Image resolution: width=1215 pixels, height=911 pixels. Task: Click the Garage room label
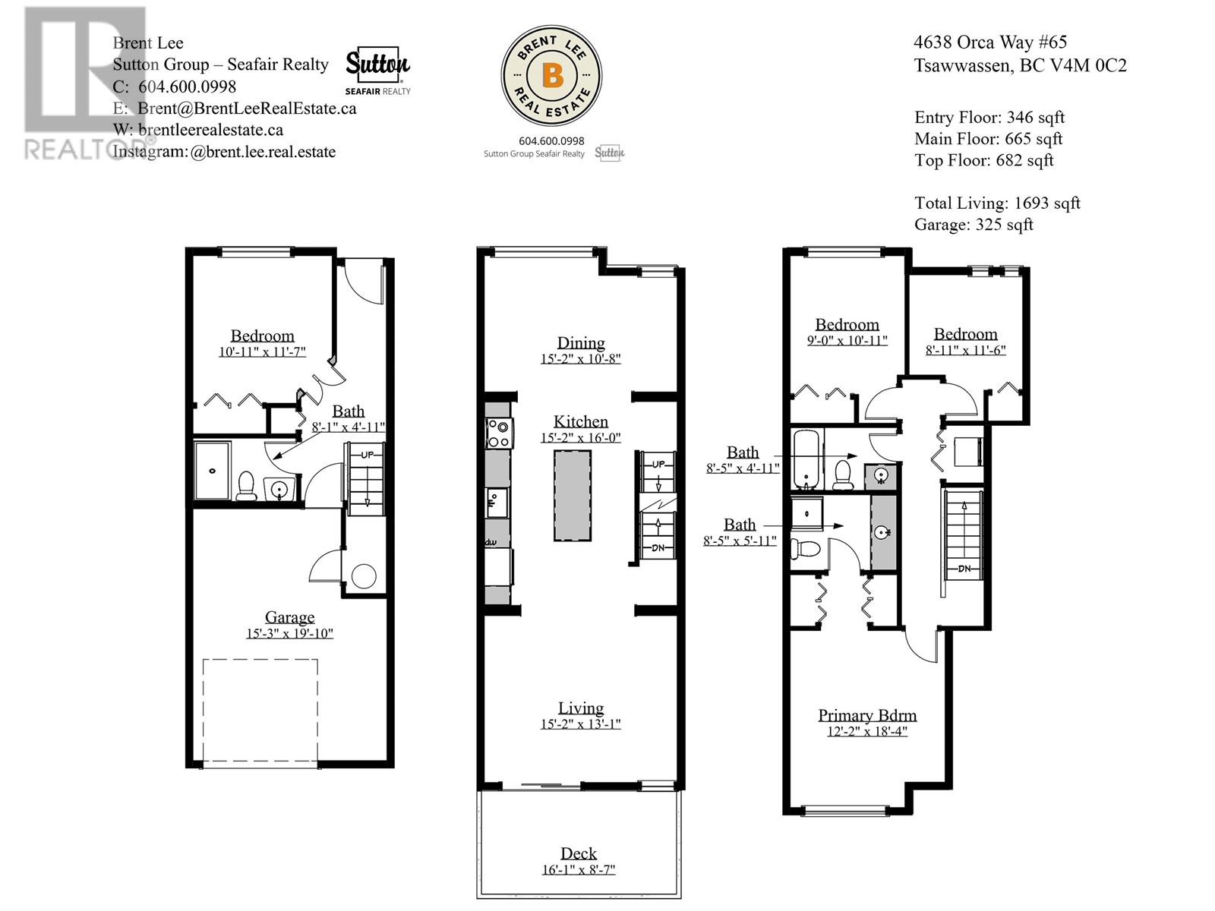(289, 617)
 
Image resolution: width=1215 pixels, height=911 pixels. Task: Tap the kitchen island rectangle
(573, 495)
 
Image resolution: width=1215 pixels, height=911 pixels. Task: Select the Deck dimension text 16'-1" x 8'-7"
(579, 870)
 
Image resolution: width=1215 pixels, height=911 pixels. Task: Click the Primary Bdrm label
(867, 715)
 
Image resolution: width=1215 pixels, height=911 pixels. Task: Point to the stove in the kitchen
(498, 434)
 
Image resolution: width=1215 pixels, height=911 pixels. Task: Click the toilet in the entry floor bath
(246, 487)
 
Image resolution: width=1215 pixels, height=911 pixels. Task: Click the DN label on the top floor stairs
(964, 569)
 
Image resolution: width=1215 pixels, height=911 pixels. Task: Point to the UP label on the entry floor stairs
(367, 455)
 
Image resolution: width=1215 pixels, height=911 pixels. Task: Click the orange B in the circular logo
(552, 74)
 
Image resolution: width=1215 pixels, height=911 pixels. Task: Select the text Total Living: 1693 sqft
(997, 203)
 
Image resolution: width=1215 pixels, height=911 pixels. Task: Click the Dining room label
(581, 342)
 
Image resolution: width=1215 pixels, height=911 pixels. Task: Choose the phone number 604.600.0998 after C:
(187, 87)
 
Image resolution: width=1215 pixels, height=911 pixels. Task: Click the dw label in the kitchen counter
(491, 542)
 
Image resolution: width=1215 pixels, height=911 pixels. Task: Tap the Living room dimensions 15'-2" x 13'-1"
(581, 724)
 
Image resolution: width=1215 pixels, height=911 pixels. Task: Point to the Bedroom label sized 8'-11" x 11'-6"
(965, 334)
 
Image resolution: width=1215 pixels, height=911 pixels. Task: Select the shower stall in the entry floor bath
(213, 470)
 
